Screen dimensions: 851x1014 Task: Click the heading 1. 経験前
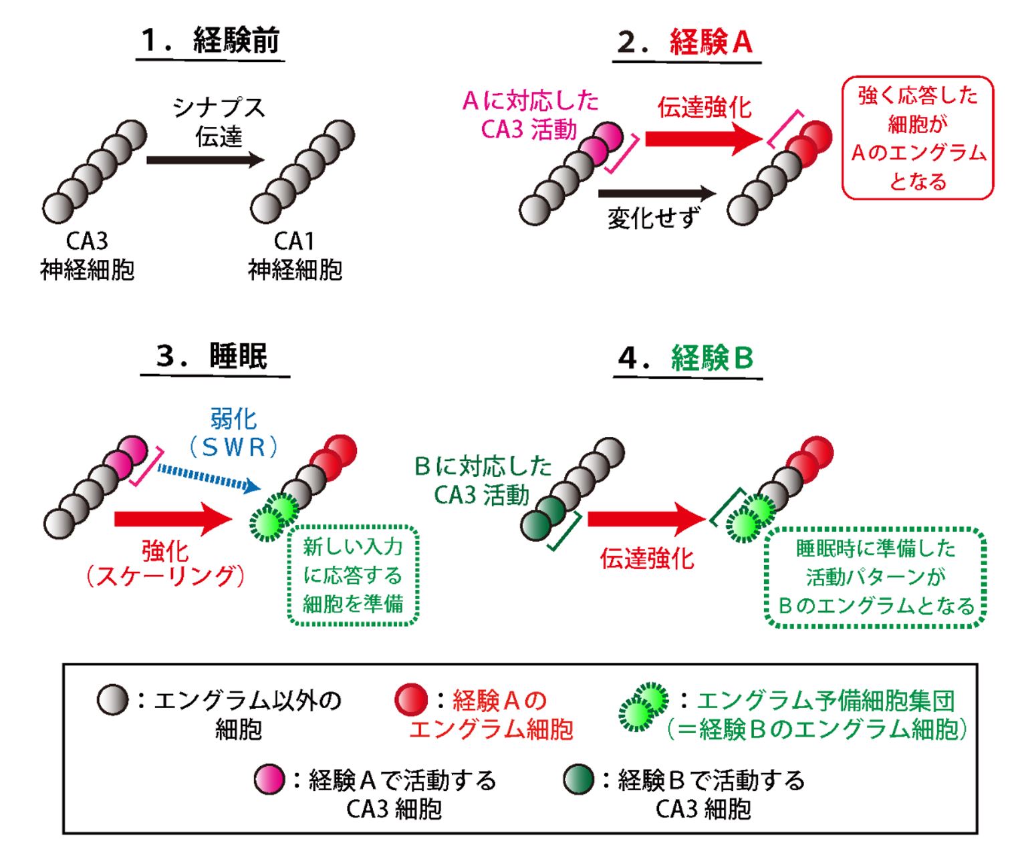[x=210, y=41]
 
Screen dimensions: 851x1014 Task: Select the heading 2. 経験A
[x=686, y=43]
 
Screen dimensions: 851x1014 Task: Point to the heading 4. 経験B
[x=687, y=359]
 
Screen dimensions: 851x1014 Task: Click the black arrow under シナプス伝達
[x=205, y=160]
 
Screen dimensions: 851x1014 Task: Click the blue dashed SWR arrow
[x=208, y=478]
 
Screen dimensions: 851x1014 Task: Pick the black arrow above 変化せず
[x=656, y=194]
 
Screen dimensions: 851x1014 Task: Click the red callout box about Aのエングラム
[x=917, y=138]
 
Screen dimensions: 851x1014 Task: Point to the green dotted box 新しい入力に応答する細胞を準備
[x=353, y=575]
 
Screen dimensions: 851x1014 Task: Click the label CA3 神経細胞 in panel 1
[x=87, y=256]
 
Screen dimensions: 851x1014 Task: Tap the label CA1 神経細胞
[x=295, y=256]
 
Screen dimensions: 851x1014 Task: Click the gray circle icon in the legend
[x=112, y=700]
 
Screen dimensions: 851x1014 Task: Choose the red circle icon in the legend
[x=411, y=700]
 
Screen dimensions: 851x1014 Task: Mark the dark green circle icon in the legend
[x=578, y=780]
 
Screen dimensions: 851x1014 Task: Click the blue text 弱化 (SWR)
[x=233, y=434]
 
